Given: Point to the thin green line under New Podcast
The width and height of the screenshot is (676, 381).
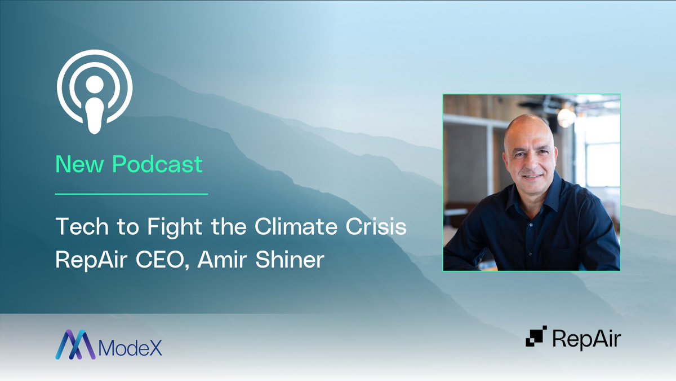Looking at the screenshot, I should tap(131, 194).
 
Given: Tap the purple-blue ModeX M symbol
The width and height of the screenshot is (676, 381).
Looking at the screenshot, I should tap(75, 344).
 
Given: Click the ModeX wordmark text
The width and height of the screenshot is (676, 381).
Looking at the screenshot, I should tap(130, 346).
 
